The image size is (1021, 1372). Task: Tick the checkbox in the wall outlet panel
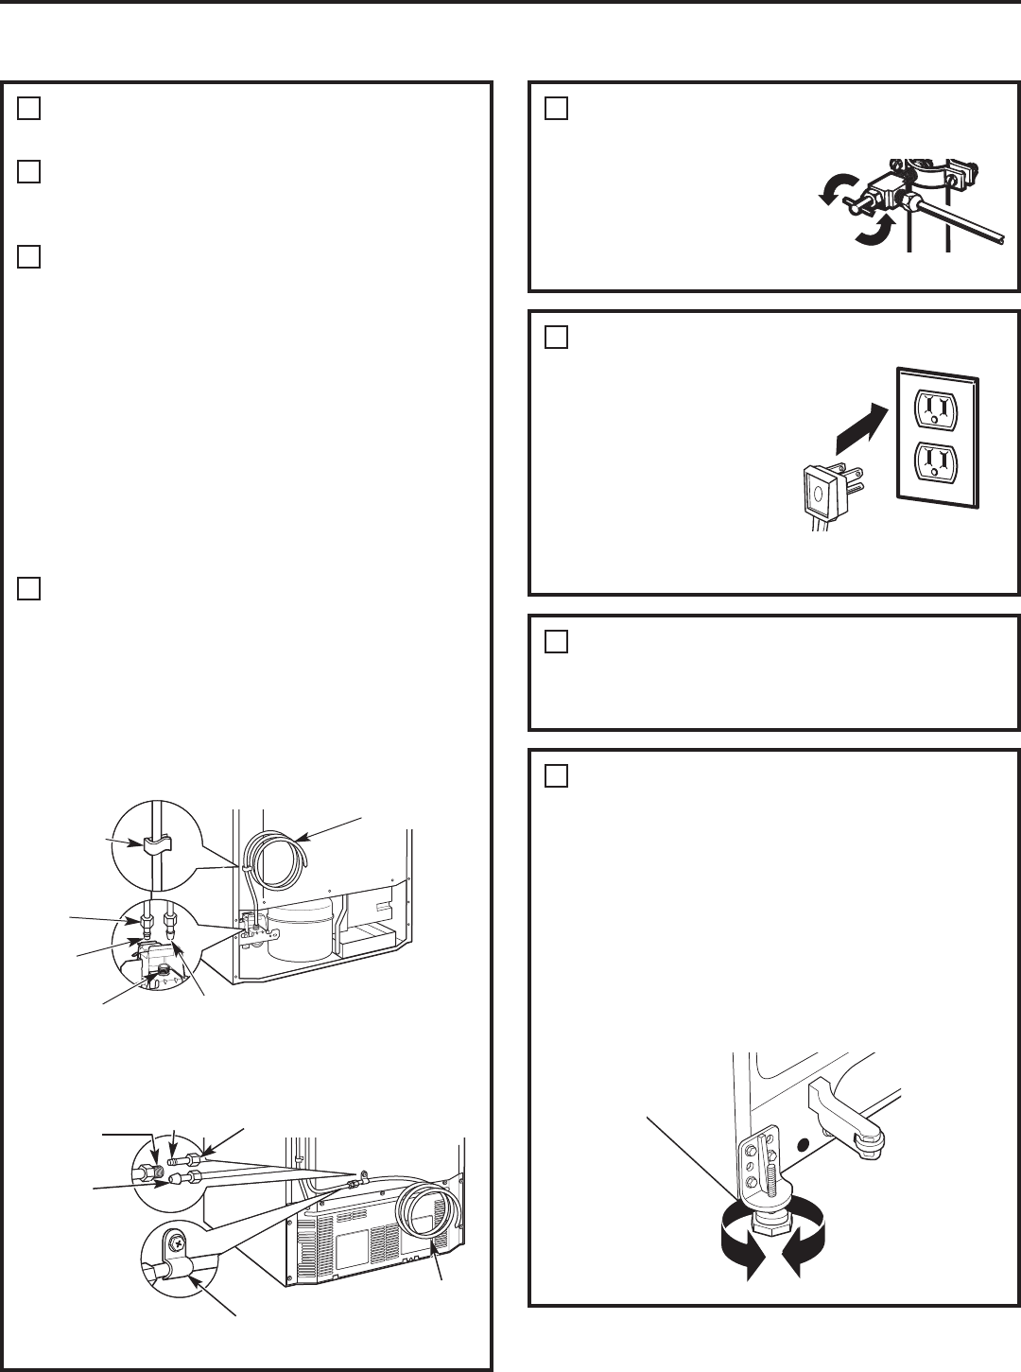[x=556, y=338]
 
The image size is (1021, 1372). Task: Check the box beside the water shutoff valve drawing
[x=556, y=109]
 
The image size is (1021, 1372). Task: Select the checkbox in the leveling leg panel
[x=556, y=776]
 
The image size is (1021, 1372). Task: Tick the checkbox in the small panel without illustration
[x=556, y=642]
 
